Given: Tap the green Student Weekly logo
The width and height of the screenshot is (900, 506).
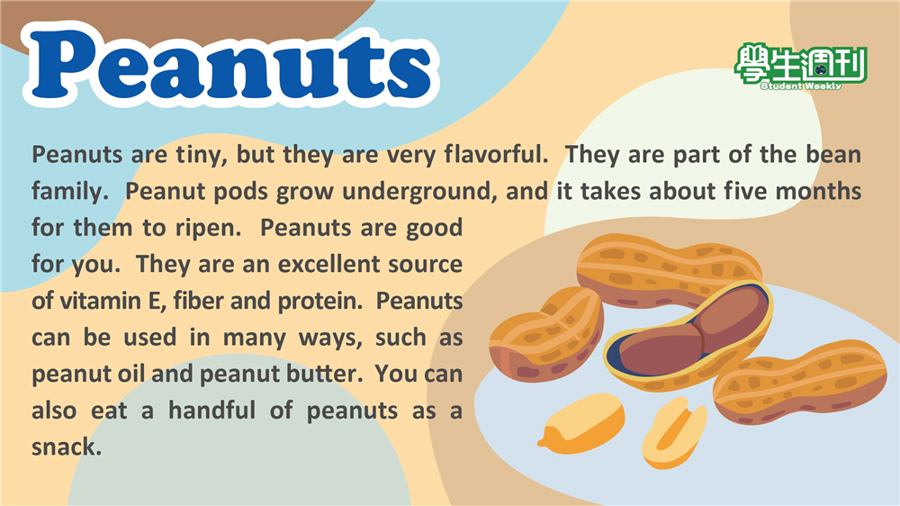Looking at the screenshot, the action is click(801, 67).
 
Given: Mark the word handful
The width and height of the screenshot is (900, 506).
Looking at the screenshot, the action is click(211, 411).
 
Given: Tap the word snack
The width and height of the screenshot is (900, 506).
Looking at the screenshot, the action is click(66, 447).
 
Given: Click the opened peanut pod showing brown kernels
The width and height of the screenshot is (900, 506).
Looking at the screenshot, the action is click(688, 335).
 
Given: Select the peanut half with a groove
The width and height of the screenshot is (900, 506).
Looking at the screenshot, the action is click(674, 431).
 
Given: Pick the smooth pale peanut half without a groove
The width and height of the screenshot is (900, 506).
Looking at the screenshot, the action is click(581, 423).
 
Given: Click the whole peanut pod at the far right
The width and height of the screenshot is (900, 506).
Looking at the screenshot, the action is click(799, 382).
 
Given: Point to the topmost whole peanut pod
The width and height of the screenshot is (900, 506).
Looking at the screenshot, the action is click(669, 270).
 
